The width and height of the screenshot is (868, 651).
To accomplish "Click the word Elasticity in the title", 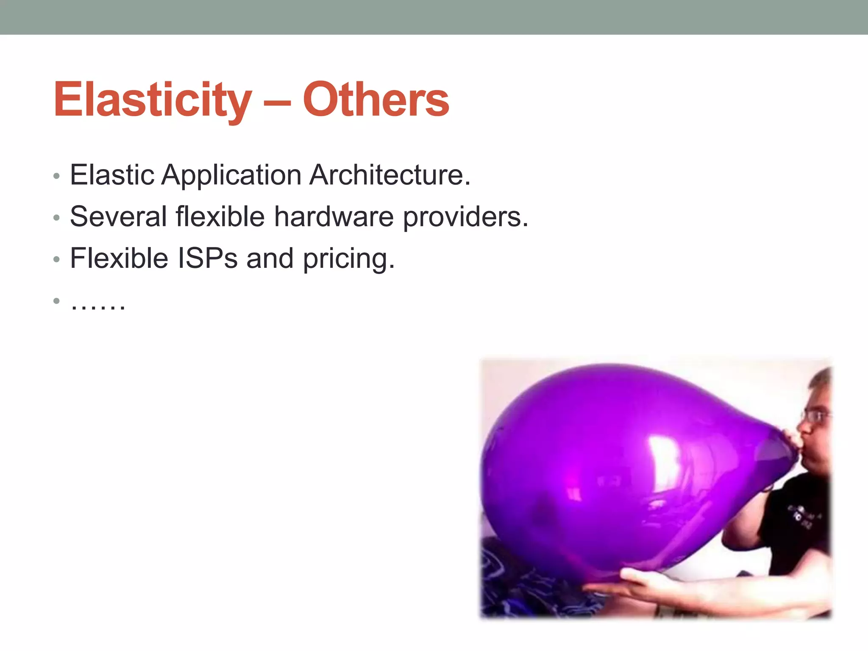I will pos(153,100).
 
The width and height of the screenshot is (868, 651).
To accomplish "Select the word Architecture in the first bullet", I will pos(389,175).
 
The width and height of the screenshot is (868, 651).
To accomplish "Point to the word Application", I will pos(231,175).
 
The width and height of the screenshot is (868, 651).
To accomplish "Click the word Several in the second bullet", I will pos(118,217).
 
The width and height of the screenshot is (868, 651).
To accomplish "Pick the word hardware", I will pos(334,217).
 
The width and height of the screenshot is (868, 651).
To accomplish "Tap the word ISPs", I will pos(207,258).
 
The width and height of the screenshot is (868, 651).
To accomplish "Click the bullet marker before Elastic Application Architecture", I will pos(56,176).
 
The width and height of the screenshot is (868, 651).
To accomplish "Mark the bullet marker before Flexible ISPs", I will pos(56,259).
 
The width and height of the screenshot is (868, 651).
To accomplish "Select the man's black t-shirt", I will pos(797,521).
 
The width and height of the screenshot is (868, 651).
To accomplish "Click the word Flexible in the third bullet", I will pos(119,258).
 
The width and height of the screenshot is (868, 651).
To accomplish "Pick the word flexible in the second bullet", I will pos(220,217).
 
